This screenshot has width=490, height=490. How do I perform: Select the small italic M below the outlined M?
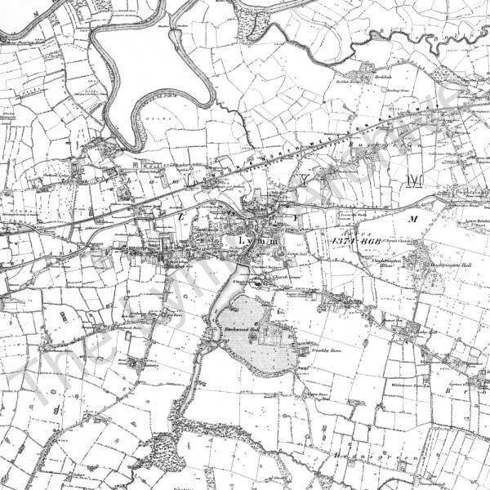[412, 219]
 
